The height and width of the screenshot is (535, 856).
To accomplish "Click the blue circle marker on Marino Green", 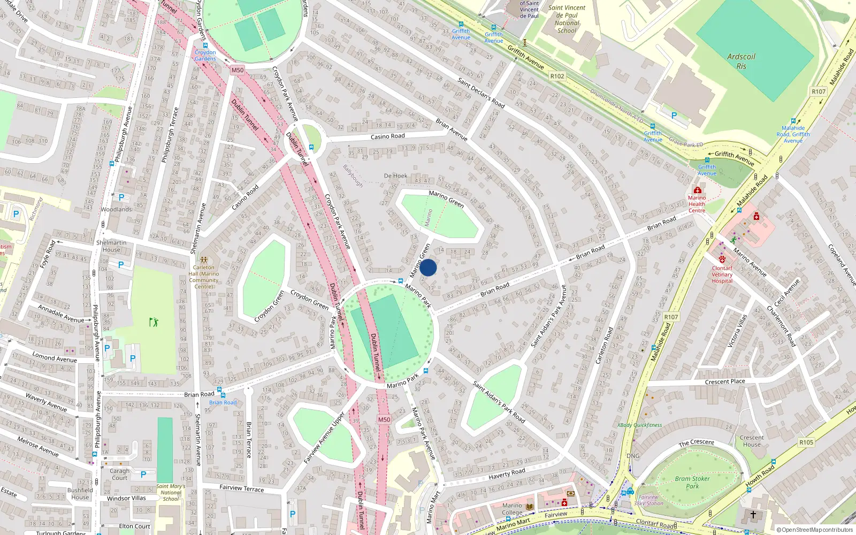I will click(x=428, y=267).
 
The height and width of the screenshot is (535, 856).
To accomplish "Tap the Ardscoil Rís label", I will click(x=741, y=61).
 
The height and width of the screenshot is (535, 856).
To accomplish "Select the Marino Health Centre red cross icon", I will click(x=697, y=190).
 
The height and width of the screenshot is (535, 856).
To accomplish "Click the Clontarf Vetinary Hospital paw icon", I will click(x=722, y=259).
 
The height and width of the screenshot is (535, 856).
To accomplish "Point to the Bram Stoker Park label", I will click(x=692, y=482).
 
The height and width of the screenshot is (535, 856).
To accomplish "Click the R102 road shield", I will click(x=557, y=77).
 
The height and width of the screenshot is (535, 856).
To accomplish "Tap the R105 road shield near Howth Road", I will click(x=806, y=442).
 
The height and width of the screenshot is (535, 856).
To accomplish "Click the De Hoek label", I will click(x=395, y=175).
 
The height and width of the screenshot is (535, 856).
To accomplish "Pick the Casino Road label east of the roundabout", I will click(x=387, y=136).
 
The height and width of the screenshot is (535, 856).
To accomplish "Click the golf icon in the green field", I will click(x=154, y=322).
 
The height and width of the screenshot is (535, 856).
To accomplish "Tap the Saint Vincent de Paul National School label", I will click(x=567, y=19).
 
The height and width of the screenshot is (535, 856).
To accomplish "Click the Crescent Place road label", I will click(x=724, y=381).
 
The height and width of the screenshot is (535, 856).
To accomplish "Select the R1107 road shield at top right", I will click(x=819, y=91).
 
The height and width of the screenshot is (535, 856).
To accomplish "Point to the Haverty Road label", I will click(x=507, y=473).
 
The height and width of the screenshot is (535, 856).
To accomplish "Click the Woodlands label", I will click(x=116, y=209).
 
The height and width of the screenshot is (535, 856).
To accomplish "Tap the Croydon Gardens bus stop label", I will click(x=205, y=55).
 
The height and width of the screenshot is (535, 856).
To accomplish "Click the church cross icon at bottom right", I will click(x=753, y=515).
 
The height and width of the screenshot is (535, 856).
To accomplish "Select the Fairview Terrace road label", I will click(x=241, y=488).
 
